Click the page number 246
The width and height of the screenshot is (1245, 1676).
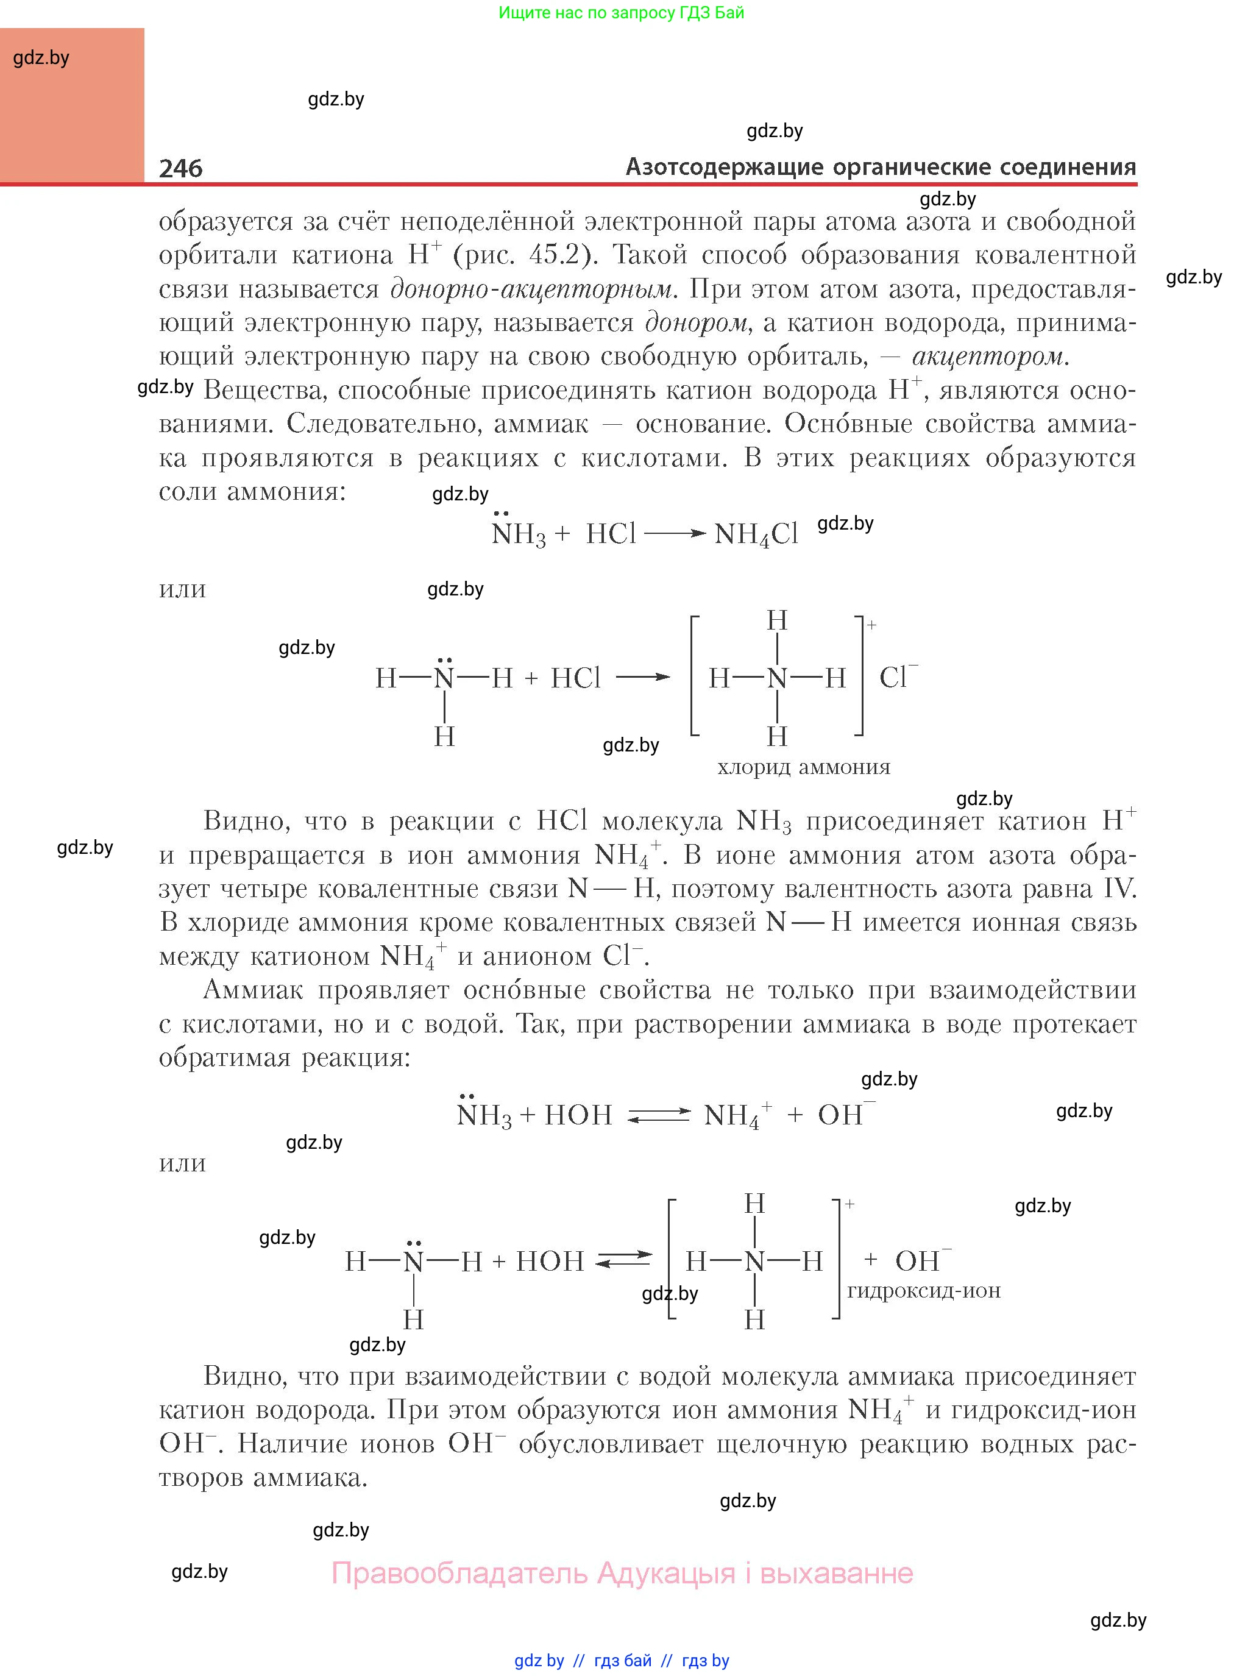(181, 168)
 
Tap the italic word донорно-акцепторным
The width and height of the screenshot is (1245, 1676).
(531, 289)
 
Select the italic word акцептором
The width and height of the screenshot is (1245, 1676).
(988, 356)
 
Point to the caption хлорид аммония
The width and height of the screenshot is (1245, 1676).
(803, 767)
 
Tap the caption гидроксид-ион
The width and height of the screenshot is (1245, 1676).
(923, 1290)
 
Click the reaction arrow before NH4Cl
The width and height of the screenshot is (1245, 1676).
(675, 533)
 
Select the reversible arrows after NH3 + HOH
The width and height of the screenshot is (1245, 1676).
(659, 1115)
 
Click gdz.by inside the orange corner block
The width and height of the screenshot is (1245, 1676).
(41, 58)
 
